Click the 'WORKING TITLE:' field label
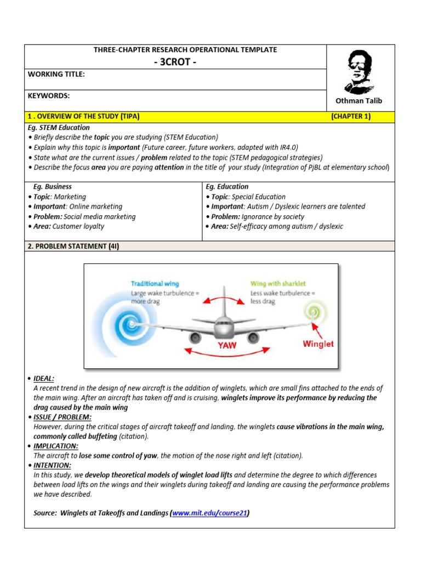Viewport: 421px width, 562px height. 56,74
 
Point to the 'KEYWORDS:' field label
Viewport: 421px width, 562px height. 49,95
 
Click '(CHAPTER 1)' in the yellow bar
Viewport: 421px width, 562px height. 351,116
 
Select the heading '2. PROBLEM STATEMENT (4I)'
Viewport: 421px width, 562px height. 73,246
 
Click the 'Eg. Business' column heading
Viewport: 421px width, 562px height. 53,187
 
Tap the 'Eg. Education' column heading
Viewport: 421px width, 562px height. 227,187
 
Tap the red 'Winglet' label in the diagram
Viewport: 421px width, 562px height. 318,344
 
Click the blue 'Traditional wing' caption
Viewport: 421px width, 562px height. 155,284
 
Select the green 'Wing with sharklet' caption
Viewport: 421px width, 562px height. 278,284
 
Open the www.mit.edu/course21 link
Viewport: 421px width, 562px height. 210,513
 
